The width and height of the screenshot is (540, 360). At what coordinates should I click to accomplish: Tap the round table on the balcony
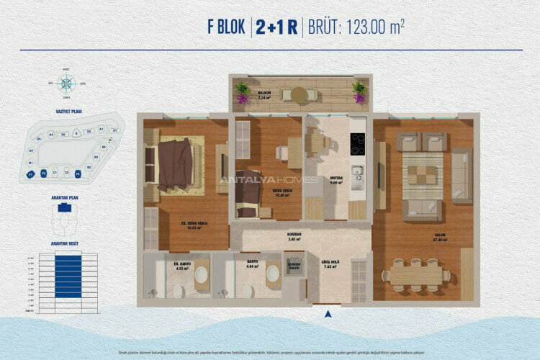(299, 94)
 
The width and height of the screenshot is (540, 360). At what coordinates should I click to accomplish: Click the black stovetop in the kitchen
(357, 144)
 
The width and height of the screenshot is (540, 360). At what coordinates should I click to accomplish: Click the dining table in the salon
(417, 275)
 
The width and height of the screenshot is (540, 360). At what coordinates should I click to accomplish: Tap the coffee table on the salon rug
(422, 175)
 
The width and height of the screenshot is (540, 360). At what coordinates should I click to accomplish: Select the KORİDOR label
(294, 235)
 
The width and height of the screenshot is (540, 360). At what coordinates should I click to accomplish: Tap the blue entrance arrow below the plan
(328, 313)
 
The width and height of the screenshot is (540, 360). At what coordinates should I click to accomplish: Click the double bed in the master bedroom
(174, 164)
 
